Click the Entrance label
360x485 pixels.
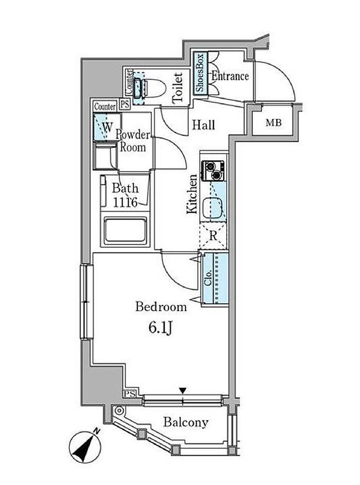pyautogui.click(x=230, y=77)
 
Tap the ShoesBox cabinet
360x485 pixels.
pyautogui.click(x=201, y=73)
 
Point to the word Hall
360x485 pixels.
pyautogui.click(x=204, y=125)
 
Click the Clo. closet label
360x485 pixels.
pyautogui.click(x=209, y=278)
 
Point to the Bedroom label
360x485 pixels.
pyautogui.click(x=161, y=307)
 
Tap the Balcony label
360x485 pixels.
pyautogui.click(x=186, y=423)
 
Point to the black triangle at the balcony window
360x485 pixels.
pyautogui.click(x=183, y=391)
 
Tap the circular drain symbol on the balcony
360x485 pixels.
pyautogui.click(x=119, y=411)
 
